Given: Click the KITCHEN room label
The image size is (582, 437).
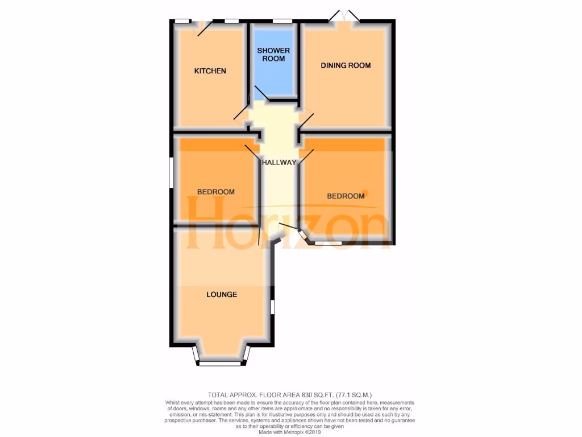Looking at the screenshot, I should click(210, 71).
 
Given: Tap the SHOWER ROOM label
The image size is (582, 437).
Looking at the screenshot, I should click(273, 55).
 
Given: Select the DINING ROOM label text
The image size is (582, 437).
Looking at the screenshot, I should click(346, 65).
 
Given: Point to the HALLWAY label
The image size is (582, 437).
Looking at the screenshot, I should click(279, 163).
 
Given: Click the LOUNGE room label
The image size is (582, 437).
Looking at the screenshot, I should click(222, 295).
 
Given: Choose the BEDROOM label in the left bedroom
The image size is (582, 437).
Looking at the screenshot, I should click(216, 192).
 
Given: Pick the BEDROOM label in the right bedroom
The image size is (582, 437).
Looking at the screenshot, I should click(346, 196).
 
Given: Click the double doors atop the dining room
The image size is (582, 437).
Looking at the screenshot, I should click(344, 17).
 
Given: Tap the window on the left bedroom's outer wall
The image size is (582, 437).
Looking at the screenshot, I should click(171, 172).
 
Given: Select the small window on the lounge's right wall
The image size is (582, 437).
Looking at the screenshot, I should click(272, 307).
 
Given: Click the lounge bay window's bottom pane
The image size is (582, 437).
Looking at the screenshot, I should click(220, 364).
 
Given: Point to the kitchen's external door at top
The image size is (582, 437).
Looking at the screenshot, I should click(203, 27).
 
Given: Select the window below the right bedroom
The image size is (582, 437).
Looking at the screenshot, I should click(328, 244).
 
